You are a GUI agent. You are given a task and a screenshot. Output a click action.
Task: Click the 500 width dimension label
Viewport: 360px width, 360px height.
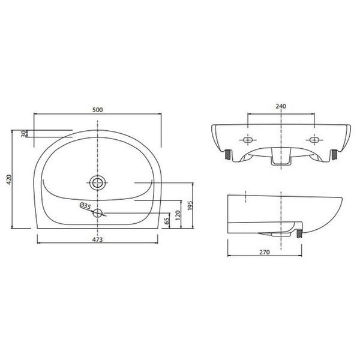pos(98,110)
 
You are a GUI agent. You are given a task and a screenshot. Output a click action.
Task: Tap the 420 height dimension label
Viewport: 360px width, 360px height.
pos(9,179)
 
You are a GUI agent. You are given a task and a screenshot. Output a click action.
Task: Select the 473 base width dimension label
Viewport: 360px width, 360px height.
pos(98,239)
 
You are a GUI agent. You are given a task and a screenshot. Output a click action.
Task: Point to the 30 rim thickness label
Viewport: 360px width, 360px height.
pos(23,134)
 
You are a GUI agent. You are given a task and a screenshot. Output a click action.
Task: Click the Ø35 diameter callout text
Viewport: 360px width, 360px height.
pos(85,205)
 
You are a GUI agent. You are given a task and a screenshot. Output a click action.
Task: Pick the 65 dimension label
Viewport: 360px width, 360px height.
pos(167,221)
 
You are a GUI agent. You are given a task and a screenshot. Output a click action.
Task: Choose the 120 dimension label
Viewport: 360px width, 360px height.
pos(178,215)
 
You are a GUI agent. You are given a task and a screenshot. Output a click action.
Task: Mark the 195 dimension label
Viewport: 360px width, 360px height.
pos(190,205)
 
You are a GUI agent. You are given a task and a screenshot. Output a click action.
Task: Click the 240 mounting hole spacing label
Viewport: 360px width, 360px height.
pos(281,106)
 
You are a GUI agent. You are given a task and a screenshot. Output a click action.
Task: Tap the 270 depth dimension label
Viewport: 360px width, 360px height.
pos(265,252)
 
